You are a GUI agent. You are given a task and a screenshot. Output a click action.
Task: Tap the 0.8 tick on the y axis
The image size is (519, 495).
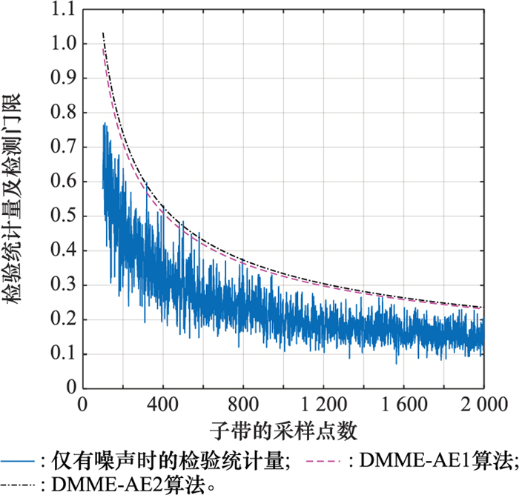click(x=62, y=113)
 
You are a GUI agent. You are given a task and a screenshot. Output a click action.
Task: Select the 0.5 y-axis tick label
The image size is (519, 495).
click(x=62, y=216)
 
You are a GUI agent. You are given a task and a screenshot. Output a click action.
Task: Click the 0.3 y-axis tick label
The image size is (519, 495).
click(x=62, y=285)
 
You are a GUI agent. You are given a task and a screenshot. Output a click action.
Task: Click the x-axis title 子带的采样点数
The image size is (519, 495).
click(x=282, y=431)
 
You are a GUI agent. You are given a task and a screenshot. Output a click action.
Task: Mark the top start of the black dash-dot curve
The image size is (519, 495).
click(x=103, y=33)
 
